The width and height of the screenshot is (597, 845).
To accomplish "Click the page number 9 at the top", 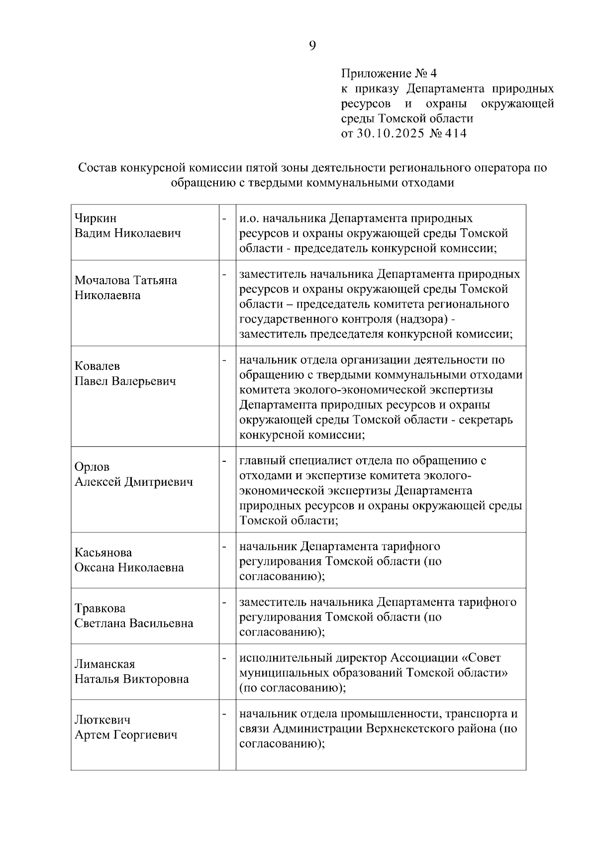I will (x=312, y=46).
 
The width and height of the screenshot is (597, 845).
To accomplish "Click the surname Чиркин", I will (x=96, y=218).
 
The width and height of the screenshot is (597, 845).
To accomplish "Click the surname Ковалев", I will (x=97, y=366).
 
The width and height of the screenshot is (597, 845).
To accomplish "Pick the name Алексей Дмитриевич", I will (x=133, y=482).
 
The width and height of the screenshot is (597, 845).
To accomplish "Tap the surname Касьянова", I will (x=103, y=552).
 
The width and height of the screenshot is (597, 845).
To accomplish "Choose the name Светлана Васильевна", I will (x=133, y=623).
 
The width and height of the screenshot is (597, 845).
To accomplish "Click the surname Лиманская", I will (x=104, y=664).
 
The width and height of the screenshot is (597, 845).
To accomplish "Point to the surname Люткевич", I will (x=102, y=720).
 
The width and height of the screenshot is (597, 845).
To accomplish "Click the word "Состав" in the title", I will (x=98, y=168).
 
